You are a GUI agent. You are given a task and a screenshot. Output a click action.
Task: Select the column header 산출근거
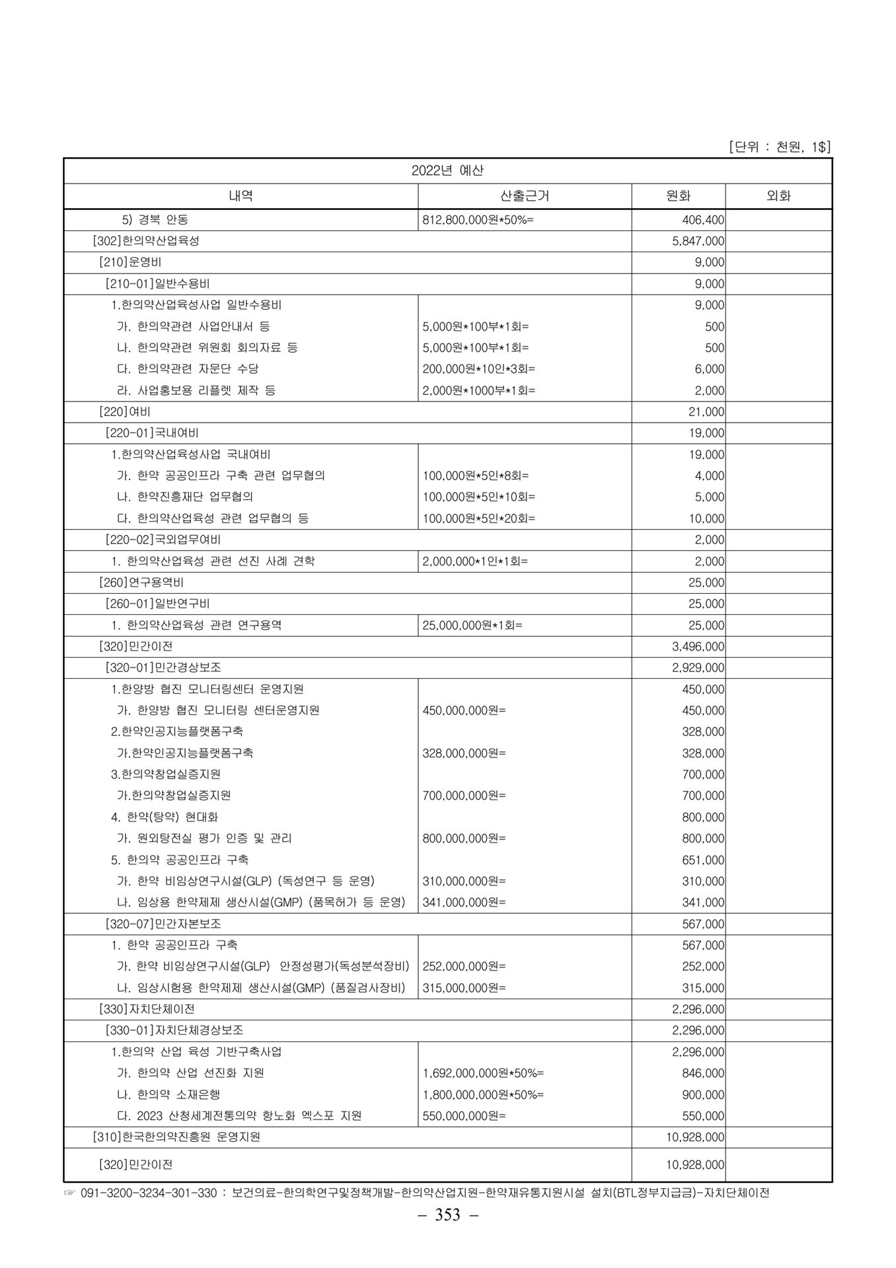click(525, 195)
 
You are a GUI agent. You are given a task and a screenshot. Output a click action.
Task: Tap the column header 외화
click(778, 195)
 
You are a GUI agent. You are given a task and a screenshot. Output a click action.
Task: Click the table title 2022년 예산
click(447, 170)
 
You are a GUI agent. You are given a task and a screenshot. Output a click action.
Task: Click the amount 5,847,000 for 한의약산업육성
click(698, 241)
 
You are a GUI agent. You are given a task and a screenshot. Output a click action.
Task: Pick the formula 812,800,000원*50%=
click(478, 220)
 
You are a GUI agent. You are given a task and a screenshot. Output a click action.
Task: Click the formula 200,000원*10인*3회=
click(478, 369)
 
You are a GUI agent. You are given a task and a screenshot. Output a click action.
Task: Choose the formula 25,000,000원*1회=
click(472, 625)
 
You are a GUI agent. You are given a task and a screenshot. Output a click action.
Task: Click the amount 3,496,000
click(698, 647)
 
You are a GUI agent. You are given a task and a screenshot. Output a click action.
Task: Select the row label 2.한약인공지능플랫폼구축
click(176, 732)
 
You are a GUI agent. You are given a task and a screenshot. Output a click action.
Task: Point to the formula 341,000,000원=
click(464, 902)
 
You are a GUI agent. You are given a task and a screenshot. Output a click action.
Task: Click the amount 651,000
click(703, 860)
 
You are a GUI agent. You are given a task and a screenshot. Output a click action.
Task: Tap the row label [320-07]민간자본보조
click(163, 924)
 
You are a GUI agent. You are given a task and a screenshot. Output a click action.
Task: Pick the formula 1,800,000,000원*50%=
click(483, 1094)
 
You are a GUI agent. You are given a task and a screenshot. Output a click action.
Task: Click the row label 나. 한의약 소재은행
click(168, 1094)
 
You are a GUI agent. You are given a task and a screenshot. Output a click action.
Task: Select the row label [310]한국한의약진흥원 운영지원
click(176, 1137)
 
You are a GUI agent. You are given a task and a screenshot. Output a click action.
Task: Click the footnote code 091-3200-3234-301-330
click(149, 1193)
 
